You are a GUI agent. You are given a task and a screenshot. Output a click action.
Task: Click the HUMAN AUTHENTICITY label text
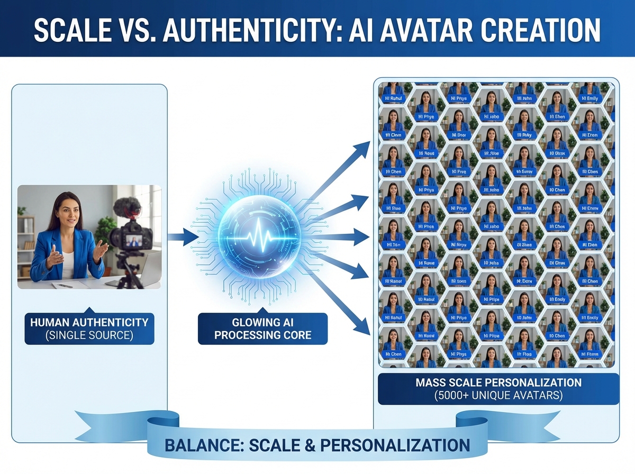click(89, 322)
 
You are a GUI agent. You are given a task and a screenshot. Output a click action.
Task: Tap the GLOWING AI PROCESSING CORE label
click(262, 328)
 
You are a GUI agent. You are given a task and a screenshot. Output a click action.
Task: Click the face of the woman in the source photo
click(69, 213)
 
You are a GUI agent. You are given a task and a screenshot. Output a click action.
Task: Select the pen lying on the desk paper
click(65, 286)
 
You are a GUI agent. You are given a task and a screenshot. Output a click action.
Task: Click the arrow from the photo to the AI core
click(182, 236)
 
